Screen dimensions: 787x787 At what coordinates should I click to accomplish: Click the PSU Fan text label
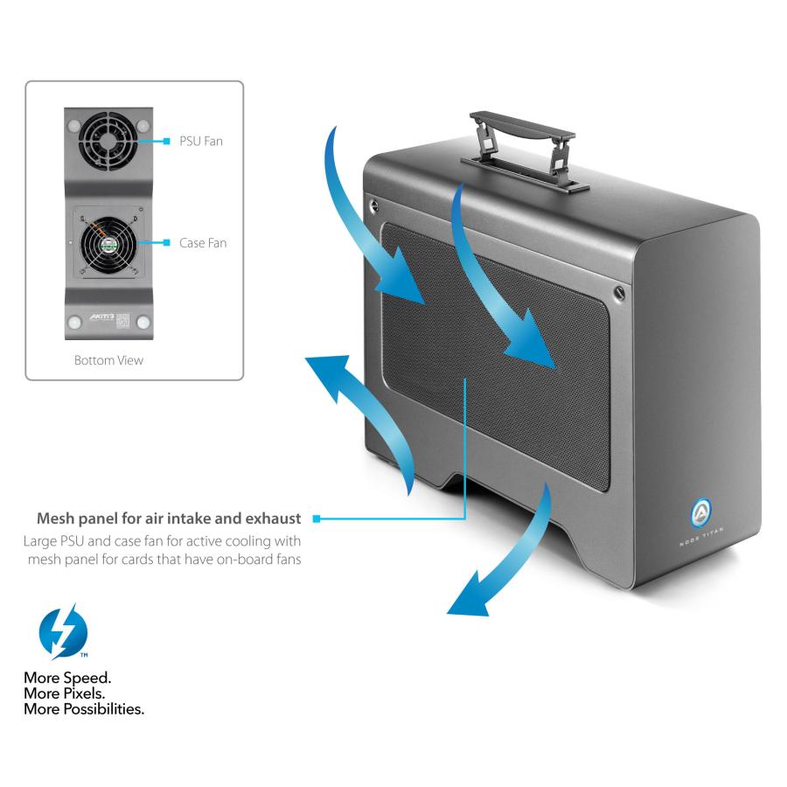tap(200, 140)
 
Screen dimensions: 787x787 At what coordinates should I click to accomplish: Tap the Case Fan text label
tap(202, 242)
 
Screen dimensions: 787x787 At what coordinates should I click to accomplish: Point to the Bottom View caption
tap(108, 359)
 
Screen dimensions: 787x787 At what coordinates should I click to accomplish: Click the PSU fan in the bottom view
tap(108, 139)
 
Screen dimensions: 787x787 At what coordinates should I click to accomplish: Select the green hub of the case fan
tap(108, 244)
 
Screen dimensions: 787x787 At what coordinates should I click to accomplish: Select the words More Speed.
tap(67, 678)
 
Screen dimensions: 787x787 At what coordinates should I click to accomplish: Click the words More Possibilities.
tap(84, 709)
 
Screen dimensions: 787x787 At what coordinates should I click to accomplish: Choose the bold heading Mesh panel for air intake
tap(169, 518)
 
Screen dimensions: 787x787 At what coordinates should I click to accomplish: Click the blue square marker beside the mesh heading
tap(317, 519)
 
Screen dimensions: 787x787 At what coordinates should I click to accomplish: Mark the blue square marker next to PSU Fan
tap(165, 140)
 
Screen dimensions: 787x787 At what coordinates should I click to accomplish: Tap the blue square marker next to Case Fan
tap(165, 242)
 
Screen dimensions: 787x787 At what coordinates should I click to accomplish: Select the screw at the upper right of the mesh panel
tap(620, 290)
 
